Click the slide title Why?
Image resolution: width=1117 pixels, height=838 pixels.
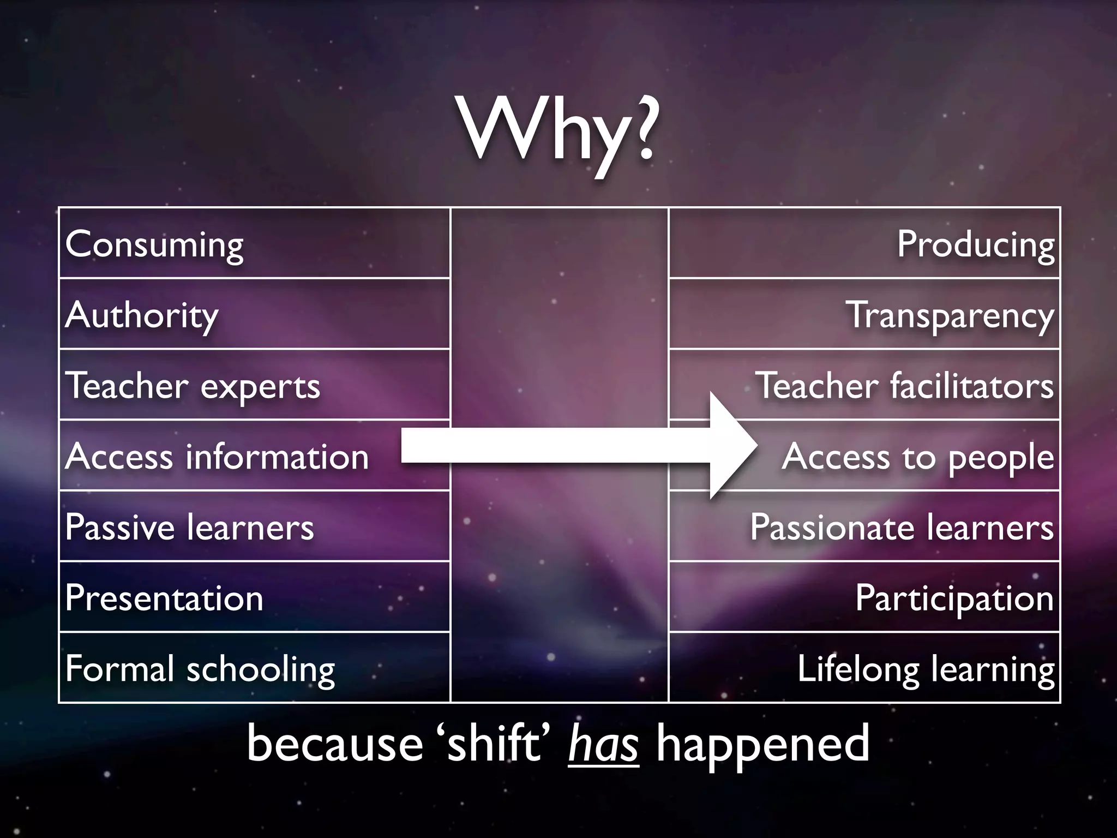558,131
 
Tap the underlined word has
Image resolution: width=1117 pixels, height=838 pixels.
603,744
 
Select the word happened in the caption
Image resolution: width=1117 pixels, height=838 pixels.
762,744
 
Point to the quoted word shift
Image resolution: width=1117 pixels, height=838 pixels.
494,743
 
